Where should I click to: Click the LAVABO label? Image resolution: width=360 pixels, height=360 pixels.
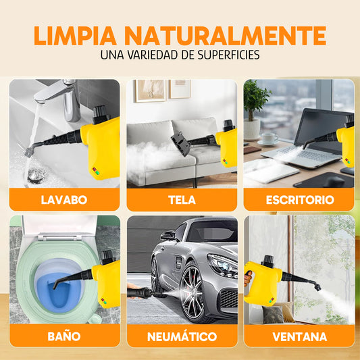pyautogui.click(x=64, y=200)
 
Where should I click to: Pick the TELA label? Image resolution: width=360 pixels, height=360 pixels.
pyautogui.click(x=182, y=200)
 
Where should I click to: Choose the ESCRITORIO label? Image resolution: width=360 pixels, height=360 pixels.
pyautogui.click(x=299, y=200)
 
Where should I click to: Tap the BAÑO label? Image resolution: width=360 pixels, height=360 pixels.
pyautogui.click(x=64, y=336)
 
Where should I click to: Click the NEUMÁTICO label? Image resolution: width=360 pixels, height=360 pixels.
pyautogui.click(x=182, y=336)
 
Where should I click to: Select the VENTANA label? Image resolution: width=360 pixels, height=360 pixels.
pyautogui.click(x=299, y=336)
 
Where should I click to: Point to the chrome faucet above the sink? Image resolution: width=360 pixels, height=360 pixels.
pyautogui.click(x=64, y=95)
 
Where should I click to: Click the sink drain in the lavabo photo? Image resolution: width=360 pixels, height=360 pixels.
pyautogui.click(x=36, y=174)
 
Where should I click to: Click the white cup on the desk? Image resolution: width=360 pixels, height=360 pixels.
pyautogui.click(x=269, y=138)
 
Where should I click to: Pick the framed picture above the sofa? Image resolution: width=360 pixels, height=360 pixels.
pyautogui.click(x=150, y=90)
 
